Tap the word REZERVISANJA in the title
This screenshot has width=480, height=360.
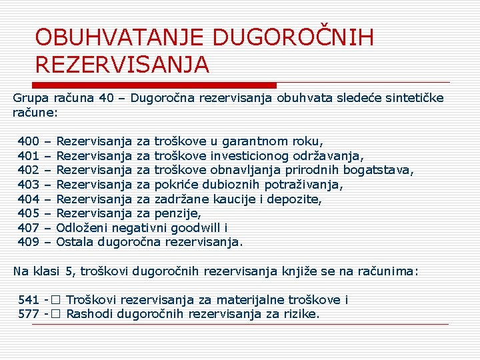(122, 65)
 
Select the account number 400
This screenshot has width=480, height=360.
(28, 141)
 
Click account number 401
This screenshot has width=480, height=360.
(28, 156)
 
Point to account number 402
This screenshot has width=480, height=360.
(28, 170)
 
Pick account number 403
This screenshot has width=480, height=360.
(28, 185)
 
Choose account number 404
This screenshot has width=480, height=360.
(28, 199)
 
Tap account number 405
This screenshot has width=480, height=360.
(28, 213)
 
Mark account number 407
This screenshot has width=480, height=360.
(28, 227)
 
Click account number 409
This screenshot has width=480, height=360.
(28, 241)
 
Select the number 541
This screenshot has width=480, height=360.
(29, 300)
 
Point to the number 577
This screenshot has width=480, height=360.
(29, 313)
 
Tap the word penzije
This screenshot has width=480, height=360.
(177, 213)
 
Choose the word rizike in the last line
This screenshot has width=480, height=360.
(301, 313)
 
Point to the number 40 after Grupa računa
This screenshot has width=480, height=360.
(106, 99)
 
